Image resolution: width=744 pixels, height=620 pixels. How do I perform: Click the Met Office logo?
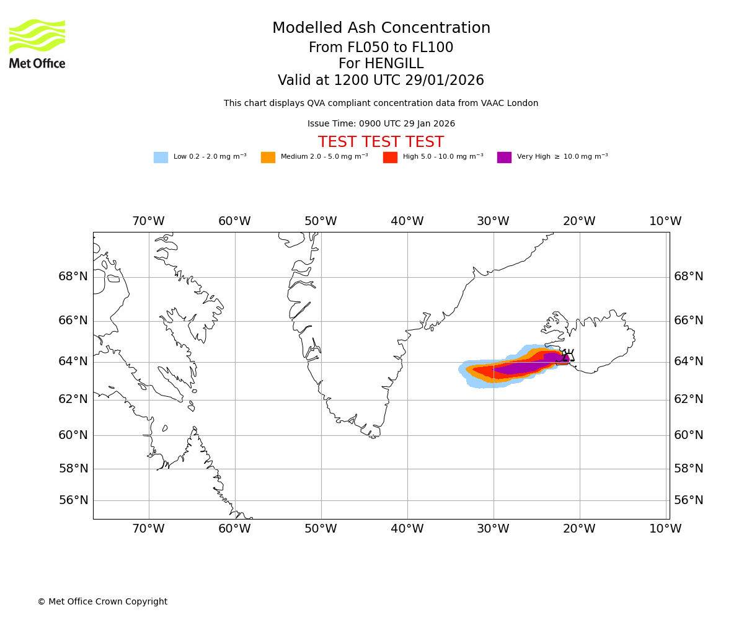37,43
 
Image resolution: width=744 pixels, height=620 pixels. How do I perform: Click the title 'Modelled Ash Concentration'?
381,29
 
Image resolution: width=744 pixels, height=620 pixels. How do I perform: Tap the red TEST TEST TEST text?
381,143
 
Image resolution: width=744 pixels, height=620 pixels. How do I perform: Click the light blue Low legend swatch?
161,157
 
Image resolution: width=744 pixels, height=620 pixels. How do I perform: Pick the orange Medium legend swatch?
268,157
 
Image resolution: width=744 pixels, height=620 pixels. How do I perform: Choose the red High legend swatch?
390,157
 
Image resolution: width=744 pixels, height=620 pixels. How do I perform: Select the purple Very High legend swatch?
504,157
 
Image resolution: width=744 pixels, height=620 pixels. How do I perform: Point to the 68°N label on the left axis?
73,277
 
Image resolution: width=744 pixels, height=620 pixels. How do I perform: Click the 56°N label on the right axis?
689,500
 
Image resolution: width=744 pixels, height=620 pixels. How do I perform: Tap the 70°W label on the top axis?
148,221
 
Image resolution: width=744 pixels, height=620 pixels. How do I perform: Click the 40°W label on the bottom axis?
407,529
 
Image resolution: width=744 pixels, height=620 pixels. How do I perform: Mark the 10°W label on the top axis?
665,221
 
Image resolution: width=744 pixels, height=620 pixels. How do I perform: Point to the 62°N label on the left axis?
73,399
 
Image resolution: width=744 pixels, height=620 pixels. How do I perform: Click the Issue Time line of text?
381,124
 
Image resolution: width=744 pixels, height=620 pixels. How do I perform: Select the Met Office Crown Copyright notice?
102,602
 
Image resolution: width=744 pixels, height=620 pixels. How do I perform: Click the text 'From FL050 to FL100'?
381,48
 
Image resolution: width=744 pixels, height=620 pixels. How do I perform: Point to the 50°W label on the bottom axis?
321,529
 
